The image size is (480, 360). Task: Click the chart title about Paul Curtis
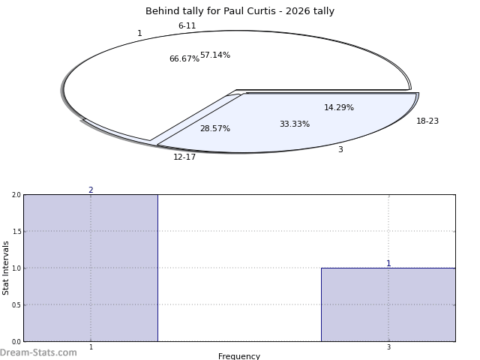pos(240,11)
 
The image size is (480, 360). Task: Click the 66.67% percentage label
pos(184,59)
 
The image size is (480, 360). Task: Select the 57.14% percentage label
pos(215,55)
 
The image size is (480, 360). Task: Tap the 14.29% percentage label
pos(339,108)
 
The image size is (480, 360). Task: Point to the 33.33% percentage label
pos(294,124)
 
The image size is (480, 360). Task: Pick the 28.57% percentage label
pos(214,129)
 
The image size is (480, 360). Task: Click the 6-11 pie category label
pos(187,26)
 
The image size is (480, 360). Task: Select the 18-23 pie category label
pos(427,121)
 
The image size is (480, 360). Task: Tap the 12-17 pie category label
pos(184,157)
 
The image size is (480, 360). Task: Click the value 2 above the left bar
pos(91,190)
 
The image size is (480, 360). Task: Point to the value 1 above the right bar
pos(388,264)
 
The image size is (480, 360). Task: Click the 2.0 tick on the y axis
pos(16,195)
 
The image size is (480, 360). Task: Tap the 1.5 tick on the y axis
pos(16,232)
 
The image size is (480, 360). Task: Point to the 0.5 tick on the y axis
pos(16,305)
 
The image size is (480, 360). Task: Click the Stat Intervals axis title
pos(6,268)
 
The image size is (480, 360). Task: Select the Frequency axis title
pos(239,356)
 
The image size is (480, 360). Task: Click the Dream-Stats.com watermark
pos(38,352)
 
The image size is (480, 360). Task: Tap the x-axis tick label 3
pos(388,347)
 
